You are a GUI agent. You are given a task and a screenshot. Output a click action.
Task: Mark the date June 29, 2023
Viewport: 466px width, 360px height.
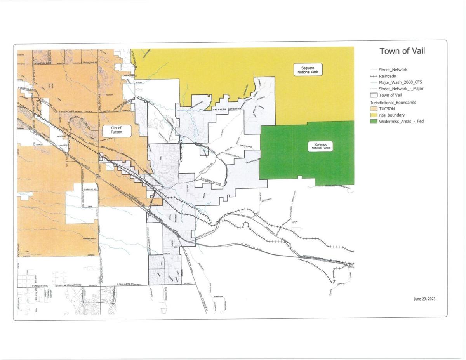click(424, 299)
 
